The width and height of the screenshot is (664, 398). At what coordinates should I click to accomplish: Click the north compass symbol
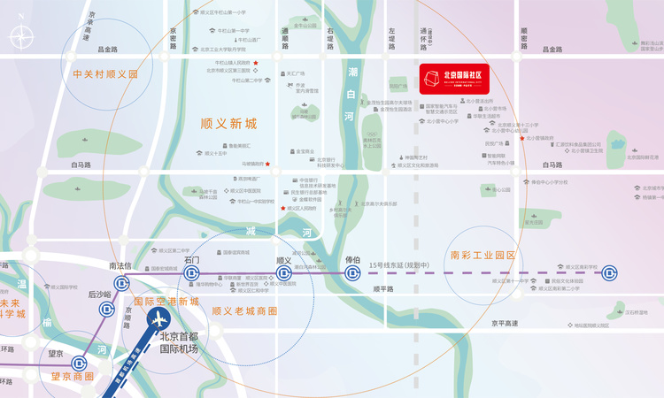click(x=21, y=38)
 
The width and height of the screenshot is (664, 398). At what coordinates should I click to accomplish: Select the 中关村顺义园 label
click(x=106, y=75)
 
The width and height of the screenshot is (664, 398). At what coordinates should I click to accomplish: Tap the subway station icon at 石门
click(x=191, y=274)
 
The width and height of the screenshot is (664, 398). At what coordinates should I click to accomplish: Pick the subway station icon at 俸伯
click(x=352, y=274)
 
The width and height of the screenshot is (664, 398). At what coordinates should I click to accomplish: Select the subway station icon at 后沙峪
click(x=106, y=309)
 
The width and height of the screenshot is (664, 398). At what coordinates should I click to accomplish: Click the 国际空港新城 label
click(x=166, y=301)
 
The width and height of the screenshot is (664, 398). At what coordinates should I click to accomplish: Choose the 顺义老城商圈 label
click(x=244, y=311)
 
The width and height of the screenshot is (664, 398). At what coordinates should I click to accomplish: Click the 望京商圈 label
click(x=72, y=376)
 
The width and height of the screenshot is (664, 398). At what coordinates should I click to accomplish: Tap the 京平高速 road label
click(x=506, y=324)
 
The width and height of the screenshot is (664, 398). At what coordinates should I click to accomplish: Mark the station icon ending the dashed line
click(x=609, y=274)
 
